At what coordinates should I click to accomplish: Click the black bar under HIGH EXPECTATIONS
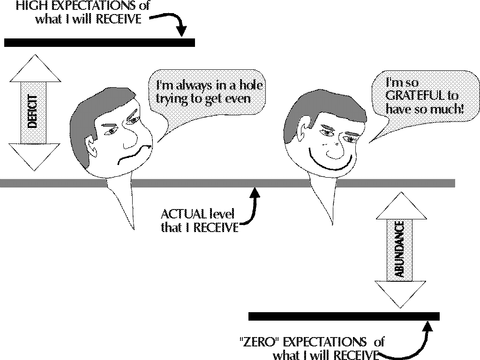click(x=99, y=43)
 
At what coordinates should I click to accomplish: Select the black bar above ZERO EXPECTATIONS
click(x=344, y=316)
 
